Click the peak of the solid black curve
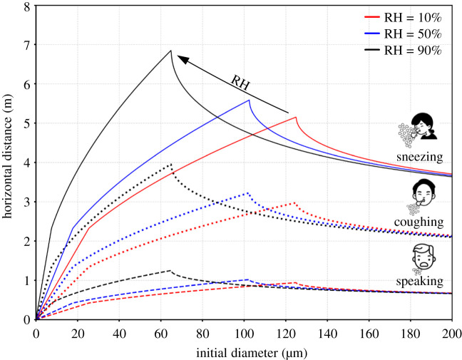[x=170, y=51]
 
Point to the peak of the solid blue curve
[x=249, y=101]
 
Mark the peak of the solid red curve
[x=295, y=118]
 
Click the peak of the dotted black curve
[x=170, y=165]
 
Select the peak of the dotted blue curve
[x=247, y=193]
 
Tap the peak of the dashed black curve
[x=170, y=271]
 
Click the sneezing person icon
[x=418, y=129]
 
